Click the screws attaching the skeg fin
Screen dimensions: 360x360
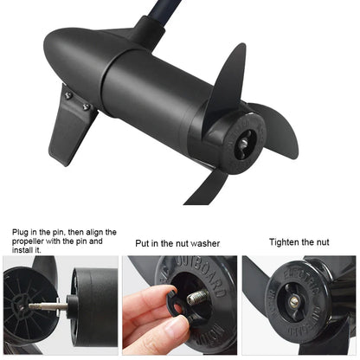click(85, 106)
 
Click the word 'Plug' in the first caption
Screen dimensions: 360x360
click(22, 233)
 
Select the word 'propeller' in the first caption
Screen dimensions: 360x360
click(34, 242)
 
